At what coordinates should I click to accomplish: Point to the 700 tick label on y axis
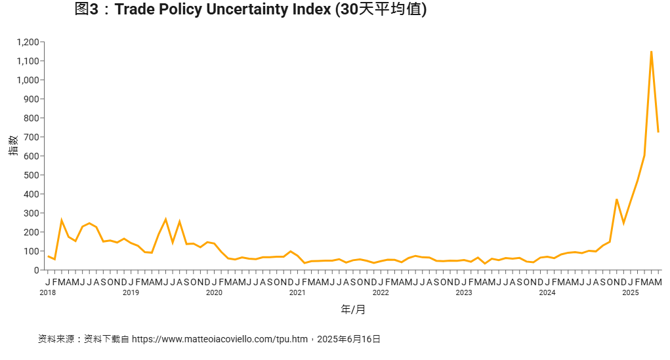(x=31, y=137)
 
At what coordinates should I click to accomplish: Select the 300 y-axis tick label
(x=31, y=213)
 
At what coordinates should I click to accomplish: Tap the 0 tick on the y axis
(x=37, y=270)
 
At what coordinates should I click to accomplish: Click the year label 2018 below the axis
(x=47, y=292)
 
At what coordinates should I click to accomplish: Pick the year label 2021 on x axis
(x=297, y=292)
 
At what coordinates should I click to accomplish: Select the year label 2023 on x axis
(x=464, y=292)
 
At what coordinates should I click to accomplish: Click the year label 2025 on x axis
(x=631, y=292)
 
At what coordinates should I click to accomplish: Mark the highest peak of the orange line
(x=651, y=51)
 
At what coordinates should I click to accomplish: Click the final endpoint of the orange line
(x=658, y=132)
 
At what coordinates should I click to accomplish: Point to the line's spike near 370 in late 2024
(x=617, y=199)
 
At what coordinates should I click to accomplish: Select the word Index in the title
(x=312, y=10)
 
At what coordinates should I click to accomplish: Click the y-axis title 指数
(x=13, y=145)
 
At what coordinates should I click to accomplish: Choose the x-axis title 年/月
(x=353, y=309)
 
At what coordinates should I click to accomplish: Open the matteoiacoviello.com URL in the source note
(x=220, y=339)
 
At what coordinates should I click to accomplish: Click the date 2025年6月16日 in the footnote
(x=348, y=339)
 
